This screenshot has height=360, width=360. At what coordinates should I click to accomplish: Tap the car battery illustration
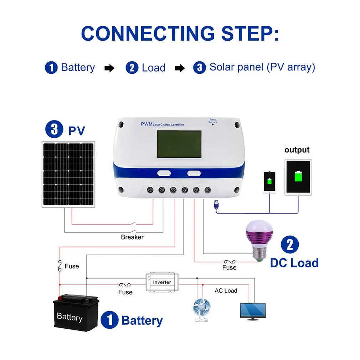point(76,313)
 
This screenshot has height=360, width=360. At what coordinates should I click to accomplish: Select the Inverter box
point(162,282)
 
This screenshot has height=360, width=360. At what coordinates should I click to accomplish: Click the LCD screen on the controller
point(179,144)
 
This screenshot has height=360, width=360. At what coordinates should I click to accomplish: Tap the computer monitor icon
point(253,310)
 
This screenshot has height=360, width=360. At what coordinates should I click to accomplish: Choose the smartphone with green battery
point(270,182)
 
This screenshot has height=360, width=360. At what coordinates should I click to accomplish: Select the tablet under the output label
point(298,177)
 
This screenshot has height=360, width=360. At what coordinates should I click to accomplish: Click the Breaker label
point(132,237)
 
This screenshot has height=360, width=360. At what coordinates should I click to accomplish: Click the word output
point(297,150)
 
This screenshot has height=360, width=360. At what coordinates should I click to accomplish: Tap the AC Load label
point(226,290)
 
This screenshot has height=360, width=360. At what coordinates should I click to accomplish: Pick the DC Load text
point(294,263)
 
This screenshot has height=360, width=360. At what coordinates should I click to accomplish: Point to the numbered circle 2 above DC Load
point(289,245)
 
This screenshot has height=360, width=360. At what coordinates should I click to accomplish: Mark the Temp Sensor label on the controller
point(212,121)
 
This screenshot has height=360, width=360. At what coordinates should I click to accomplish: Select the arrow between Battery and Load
point(109,68)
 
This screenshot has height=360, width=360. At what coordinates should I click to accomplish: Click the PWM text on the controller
point(146,124)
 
